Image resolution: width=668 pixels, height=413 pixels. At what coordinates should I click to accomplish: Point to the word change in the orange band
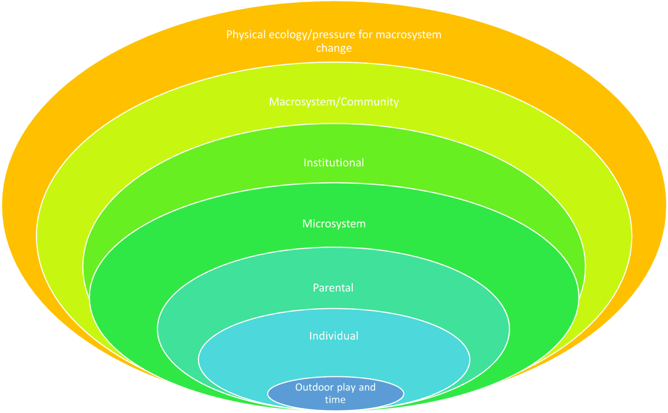click(x=334, y=48)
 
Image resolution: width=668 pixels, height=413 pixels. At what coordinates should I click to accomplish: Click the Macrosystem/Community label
click(x=334, y=102)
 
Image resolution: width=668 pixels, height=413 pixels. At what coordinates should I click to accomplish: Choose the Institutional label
click(x=334, y=163)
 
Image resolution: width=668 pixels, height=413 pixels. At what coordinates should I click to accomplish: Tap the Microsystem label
click(x=334, y=224)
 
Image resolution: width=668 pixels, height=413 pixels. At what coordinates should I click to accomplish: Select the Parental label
click(x=333, y=288)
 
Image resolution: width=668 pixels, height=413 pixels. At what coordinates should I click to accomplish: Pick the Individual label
click(x=334, y=336)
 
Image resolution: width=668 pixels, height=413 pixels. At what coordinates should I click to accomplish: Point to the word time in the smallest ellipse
click(x=335, y=400)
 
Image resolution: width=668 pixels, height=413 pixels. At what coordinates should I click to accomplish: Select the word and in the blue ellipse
click(x=367, y=387)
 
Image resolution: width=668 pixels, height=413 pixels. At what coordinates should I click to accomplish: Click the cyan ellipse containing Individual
click(x=244, y=357)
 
